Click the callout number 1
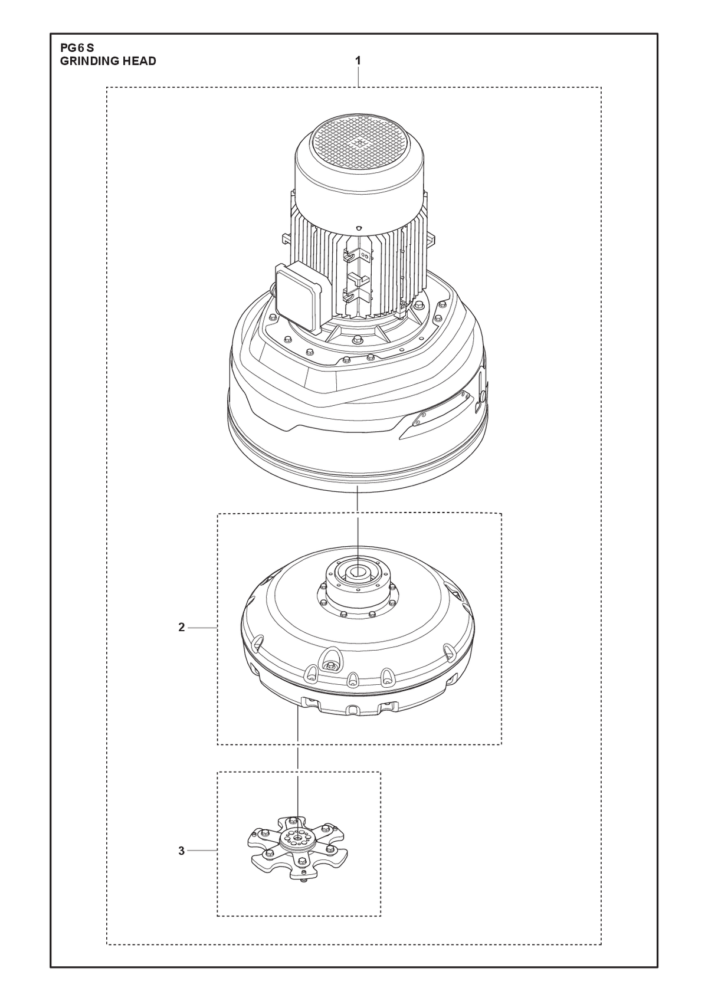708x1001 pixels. pos(358,60)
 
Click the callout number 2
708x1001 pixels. pos(182,628)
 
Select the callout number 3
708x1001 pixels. pos(182,851)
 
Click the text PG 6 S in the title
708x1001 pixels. pos(77,48)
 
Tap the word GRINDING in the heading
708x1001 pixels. pos(84,61)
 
